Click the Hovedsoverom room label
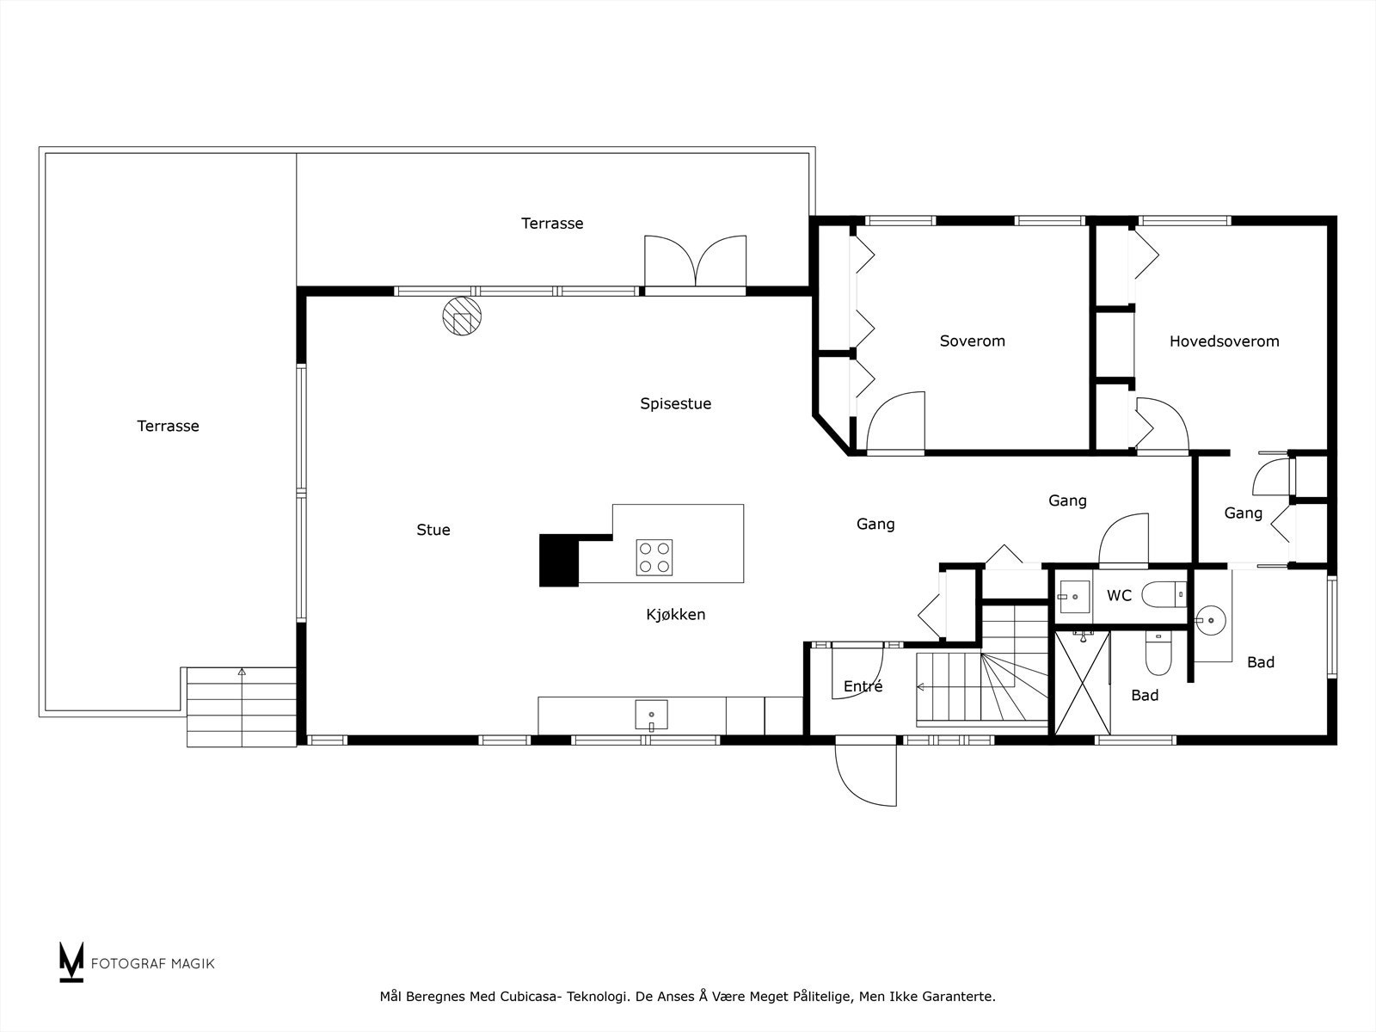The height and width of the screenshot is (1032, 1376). click(x=1224, y=341)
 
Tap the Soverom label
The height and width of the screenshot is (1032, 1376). click(x=973, y=341)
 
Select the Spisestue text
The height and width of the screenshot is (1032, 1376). click(x=675, y=403)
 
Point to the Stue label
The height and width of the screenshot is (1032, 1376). click(x=433, y=530)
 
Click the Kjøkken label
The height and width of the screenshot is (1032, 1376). click(x=675, y=615)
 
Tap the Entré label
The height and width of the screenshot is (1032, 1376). click(x=863, y=686)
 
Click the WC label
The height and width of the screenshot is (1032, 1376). click(x=1119, y=595)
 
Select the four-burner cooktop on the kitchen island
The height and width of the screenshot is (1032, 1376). click(x=654, y=557)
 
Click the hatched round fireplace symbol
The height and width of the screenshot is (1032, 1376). click(x=462, y=316)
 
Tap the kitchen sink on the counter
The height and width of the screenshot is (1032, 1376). click(x=651, y=715)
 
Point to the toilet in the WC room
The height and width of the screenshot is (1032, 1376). click(x=1164, y=594)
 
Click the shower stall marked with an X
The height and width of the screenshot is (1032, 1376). click(x=1083, y=683)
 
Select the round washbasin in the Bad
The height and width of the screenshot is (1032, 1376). click(x=1211, y=620)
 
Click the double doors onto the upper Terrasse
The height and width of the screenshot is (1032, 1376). click(x=695, y=261)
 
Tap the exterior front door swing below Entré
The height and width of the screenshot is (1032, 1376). click(x=866, y=771)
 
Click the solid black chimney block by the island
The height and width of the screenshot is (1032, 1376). click(x=558, y=560)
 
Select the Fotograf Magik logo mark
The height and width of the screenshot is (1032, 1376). click(x=71, y=961)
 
